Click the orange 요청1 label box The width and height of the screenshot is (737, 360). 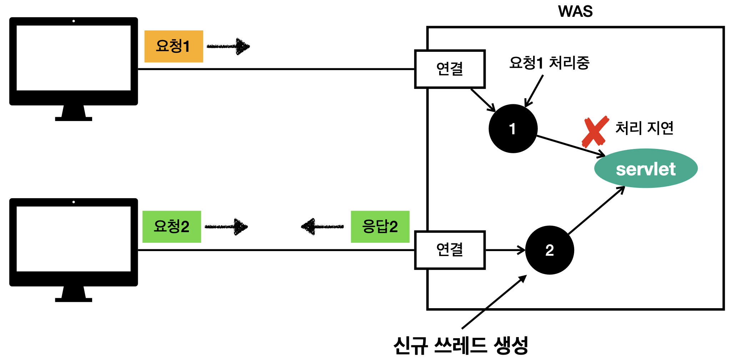[174, 46]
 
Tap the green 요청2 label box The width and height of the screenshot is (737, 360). [171, 227]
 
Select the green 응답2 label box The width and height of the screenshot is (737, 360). [380, 227]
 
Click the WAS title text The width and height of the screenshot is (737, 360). [575, 11]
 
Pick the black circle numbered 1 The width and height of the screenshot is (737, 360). [513, 129]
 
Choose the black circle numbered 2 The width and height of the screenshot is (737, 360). [550, 250]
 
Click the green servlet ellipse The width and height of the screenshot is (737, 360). [646, 169]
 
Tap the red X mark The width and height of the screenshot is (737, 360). [595, 131]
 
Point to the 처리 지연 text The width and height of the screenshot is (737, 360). [644, 128]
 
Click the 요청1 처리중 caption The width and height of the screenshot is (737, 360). [549, 63]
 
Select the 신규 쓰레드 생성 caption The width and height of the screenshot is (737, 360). [461, 345]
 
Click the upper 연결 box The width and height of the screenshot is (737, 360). [450, 69]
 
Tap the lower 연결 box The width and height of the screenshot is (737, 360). [450, 250]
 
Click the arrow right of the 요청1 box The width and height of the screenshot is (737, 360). [229, 46]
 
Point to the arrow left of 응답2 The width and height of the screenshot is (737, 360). [322, 227]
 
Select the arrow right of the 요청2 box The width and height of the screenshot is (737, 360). [226, 227]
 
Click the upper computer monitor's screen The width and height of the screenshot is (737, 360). [74, 58]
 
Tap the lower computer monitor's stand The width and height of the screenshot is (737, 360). [74, 294]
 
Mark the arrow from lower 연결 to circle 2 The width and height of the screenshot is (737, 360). [505, 250]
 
